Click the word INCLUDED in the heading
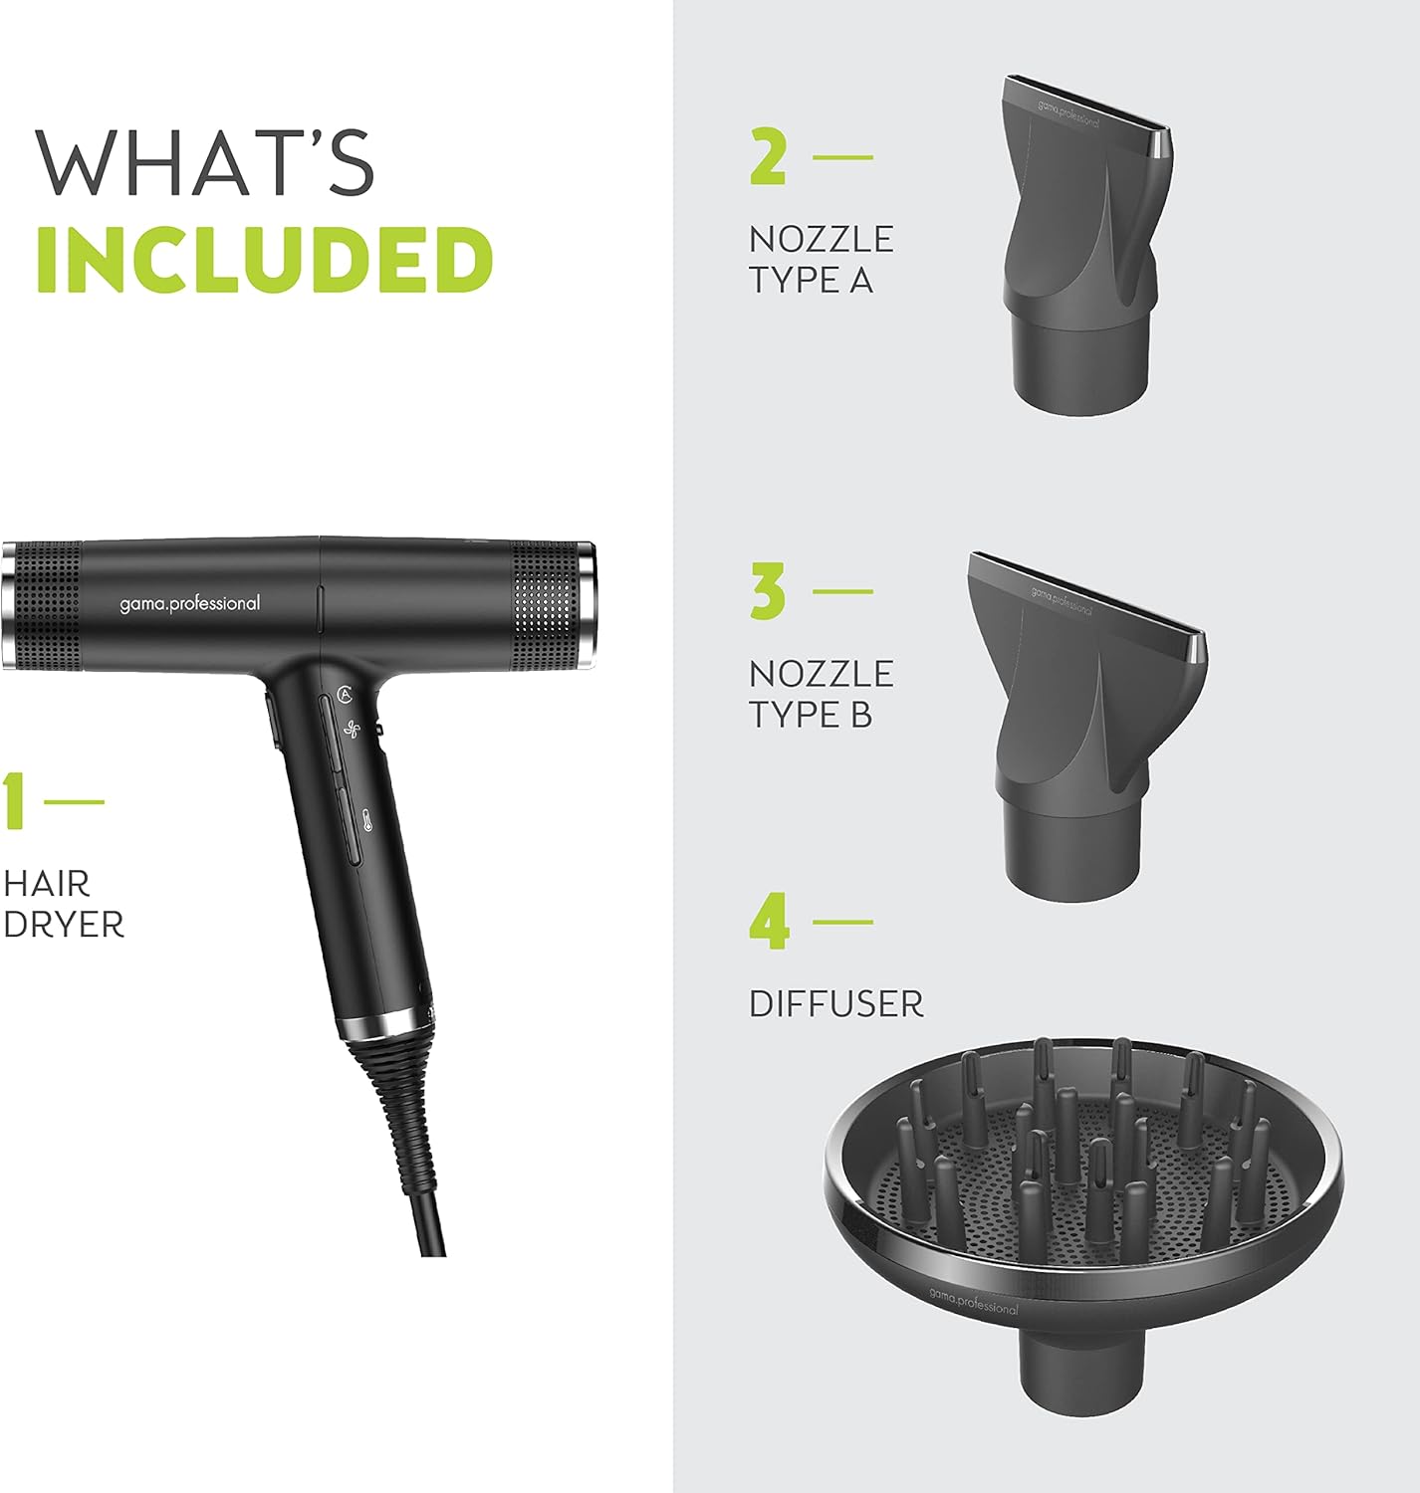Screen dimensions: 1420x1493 pyautogui.click(x=265, y=259)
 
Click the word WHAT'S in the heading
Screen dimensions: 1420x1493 pyautogui.click(x=204, y=162)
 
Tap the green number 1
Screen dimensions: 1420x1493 pyautogui.click(x=13, y=801)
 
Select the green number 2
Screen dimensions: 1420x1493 pyautogui.click(x=768, y=155)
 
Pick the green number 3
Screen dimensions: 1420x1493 pyautogui.click(x=768, y=591)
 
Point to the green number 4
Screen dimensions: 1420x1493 pyautogui.click(x=769, y=922)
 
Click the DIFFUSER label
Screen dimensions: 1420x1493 pyautogui.click(x=835, y=1004)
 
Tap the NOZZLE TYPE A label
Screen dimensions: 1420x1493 pyautogui.click(x=821, y=260)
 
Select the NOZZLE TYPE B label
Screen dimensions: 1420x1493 pyautogui.click(x=821, y=694)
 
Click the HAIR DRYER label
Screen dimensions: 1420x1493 pyautogui.click(x=63, y=904)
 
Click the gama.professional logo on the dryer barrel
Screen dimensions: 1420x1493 pyautogui.click(x=189, y=604)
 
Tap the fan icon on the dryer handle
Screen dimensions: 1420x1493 pyautogui.click(x=351, y=730)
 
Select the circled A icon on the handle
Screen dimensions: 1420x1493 pyautogui.click(x=345, y=694)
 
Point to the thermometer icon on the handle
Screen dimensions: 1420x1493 pyautogui.click(x=368, y=821)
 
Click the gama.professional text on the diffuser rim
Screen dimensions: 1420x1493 pyautogui.click(x=973, y=1302)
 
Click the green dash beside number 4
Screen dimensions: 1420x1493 pyautogui.click(x=842, y=922)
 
